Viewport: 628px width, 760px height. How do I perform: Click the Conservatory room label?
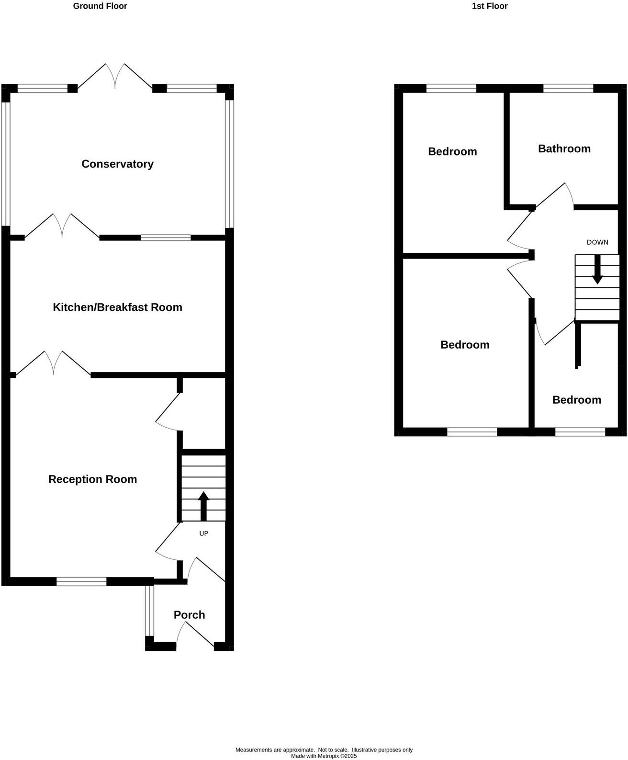pyautogui.click(x=117, y=164)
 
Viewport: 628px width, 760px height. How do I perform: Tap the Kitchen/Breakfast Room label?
pyautogui.click(x=117, y=307)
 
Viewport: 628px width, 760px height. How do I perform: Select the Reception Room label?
pyautogui.click(x=92, y=479)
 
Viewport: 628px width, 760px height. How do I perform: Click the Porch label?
pyautogui.click(x=189, y=615)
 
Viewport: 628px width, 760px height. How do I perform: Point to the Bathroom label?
pyautogui.click(x=564, y=148)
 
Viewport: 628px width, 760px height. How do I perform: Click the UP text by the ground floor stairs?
pyautogui.click(x=203, y=533)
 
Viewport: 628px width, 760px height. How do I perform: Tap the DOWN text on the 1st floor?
pyautogui.click(x=597, y=242)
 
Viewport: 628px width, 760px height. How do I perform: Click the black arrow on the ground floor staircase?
pyautogui.click(x=203, y=506)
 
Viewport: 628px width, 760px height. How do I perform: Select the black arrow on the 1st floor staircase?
pyautogui.click(x=597, y=270)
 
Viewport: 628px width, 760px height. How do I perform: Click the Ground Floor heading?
pyautogui.click(x=100, y=6)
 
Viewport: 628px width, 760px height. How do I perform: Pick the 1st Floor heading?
pyautogui.click(x=489, y=6)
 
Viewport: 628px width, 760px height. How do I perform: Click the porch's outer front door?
pyautogui.click(x=195, y=635)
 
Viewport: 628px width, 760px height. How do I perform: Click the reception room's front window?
pyautogui.click(x=81, y=581)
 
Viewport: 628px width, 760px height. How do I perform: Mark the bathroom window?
pyautogui.click(x=568, y=88)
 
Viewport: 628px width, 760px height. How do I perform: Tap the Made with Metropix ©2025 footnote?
pyautogui.click(x=324, y=756)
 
